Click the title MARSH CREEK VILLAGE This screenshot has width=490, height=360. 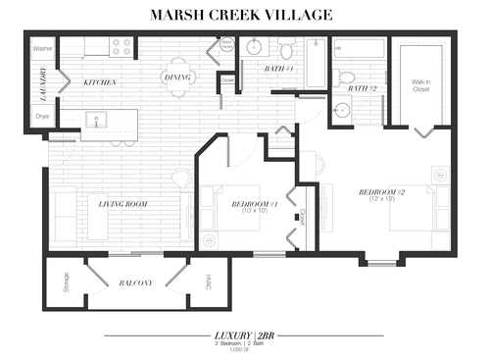click(242, 15)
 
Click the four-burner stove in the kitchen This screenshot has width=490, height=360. click(122, 45)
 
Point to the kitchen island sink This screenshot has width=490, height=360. click(97, 121)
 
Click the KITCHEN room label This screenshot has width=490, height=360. click(100, 81)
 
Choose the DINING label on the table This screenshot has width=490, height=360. click(177, 77)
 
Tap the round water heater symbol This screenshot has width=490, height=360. click(225, 45)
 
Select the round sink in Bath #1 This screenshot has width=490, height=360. click(253, 47)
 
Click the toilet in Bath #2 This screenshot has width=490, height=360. click(344, 76)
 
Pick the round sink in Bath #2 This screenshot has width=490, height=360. click(340, 109)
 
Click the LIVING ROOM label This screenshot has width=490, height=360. click(122, 203)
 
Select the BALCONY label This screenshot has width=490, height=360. click(136, 283)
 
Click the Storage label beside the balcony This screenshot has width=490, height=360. click(66, 283)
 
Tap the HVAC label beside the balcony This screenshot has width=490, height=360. click(209, 283)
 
